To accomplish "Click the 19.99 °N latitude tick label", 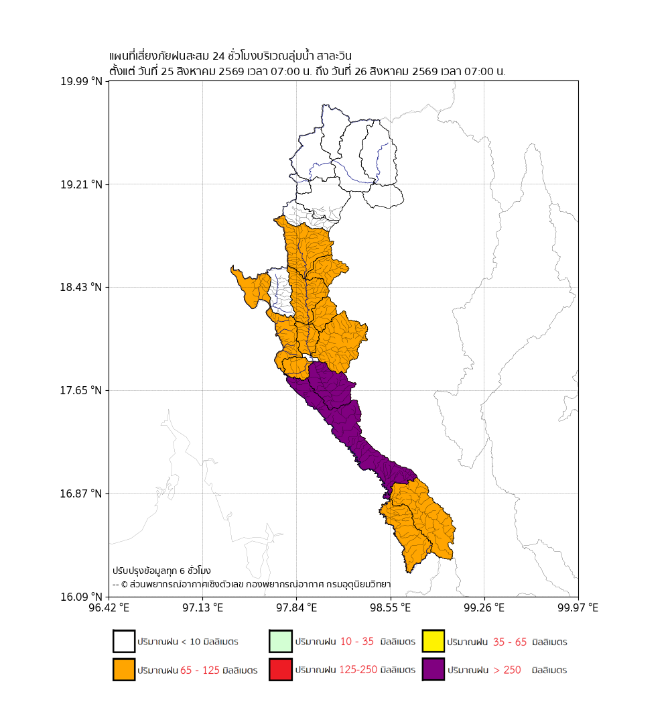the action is (x=81, y=81).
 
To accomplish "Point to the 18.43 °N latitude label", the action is (x=81, y=288).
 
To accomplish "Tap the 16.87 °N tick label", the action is (x=81, y=494).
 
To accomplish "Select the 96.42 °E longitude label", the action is (x=109, y=607).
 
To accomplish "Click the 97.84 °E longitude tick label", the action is (x=297, y=607).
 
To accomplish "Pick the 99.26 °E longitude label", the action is (x=484, y=607).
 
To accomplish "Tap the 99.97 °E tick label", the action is (x=578, y=607).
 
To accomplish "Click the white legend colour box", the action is (x=124, y=641).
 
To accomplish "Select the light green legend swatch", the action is (x=281, y=641).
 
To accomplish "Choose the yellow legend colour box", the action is (x=433, y=641).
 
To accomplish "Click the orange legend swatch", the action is (x=124, y=669).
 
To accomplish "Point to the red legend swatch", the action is (x=281, y=669).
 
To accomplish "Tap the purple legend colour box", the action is (x=433, y=669).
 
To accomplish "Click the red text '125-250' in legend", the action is (x=358, y=669).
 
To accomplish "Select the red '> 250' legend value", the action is (x=507, y=670).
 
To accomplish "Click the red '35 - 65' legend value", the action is (x=510, y=642).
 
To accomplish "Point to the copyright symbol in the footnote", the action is (x=125, y=585).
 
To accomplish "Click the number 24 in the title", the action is (x=218, y=56).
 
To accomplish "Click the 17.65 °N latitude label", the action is (x=81, y=391).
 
